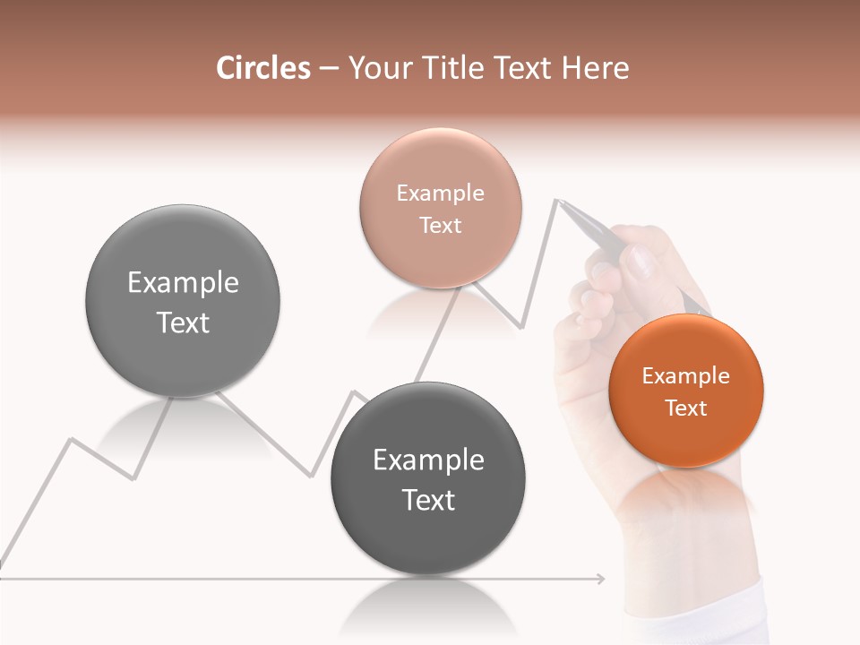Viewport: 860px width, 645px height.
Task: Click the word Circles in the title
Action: [x=262, y=68]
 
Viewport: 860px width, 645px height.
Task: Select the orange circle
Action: [x=685, y=391]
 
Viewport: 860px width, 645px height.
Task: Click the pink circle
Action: [x=440, y=208]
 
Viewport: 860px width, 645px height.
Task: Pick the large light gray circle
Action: [x=183, y=301]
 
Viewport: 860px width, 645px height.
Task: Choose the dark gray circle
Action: [x=428, y=478]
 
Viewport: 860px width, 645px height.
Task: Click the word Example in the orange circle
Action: [x=685, y=376]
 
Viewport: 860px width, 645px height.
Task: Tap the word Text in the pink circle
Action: [x=440, y=225]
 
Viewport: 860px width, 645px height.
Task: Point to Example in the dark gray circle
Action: [x=428, y=460]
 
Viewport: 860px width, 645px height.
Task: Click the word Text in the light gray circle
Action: [x=183, y=322]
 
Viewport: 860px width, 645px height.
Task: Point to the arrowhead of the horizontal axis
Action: [x=601, y=579]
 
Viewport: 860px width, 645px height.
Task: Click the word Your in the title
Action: [x=377, y=68]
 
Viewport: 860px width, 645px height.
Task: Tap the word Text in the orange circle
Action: [x=685, y=408]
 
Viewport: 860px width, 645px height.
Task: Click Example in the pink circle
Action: [x=440, y=193]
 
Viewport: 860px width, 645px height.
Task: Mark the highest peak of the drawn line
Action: [x=557, y=200]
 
